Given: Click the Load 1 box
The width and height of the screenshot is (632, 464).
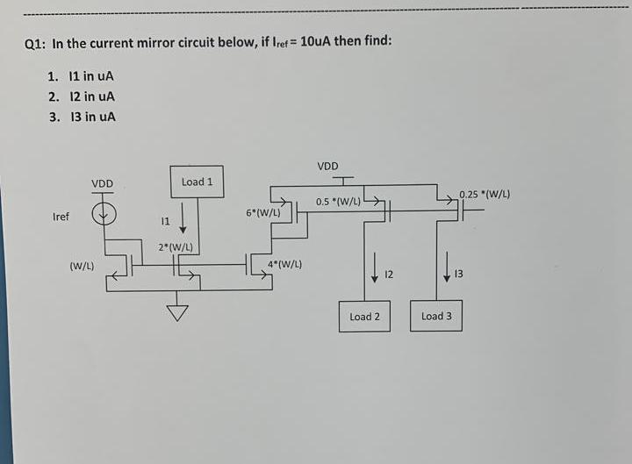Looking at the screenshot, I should point(197,182).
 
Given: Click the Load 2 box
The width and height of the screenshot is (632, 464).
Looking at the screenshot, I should point(364,317).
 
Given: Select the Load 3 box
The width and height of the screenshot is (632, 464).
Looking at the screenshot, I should point(436,316).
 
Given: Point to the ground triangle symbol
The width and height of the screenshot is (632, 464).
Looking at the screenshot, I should point(179,312).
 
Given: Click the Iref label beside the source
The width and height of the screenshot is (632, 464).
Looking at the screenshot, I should point(61,216).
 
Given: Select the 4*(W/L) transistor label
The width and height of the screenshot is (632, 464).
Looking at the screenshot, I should point(285,264).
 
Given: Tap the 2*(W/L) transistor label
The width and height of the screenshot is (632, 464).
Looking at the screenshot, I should point(176,248).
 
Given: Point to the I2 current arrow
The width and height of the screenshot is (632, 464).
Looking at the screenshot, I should point(374,268).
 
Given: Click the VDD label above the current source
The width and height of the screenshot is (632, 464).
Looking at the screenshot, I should point(103,183).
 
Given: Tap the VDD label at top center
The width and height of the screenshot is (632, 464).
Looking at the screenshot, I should point(327,165).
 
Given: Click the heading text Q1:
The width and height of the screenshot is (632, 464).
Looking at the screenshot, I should point(35,43).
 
